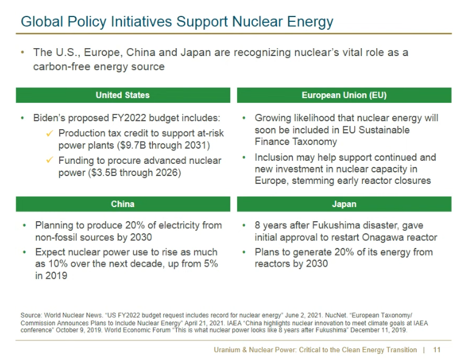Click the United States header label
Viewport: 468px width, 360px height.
pyautogui.click(x=122, y=95)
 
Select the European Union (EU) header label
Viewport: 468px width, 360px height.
pyautogui.click(x=344, y=95)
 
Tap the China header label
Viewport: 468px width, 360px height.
pyautogui.click(x=122, y=204)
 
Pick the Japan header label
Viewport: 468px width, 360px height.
pyautogui.click(x=344, y=204)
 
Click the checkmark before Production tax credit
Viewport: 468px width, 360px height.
pyautogui.click(x=50, y=133)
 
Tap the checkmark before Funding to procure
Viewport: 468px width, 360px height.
pyautogui.click(x=50, y=161)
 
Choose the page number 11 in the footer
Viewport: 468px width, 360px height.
pyautogui.click(x=436, y=350)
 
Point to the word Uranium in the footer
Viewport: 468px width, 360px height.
pyautogui.click(x=227, y=350)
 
